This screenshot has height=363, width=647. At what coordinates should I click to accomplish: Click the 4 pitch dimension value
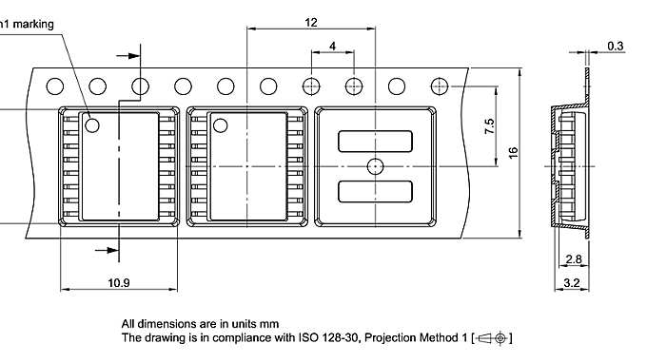[332, 46]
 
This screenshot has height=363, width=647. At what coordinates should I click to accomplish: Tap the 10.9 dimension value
[119, 282]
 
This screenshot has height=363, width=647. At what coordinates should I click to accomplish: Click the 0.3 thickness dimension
[616, 46]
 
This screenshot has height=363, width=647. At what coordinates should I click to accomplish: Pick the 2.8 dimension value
[573, 259]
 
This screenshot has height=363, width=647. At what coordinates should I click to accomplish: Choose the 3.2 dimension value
[573, 282]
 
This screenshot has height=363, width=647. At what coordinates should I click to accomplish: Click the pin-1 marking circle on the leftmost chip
[93, 124]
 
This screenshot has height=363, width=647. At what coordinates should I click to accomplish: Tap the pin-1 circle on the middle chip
[221, 124]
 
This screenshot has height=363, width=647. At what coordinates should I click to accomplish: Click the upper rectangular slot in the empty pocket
[376, 142]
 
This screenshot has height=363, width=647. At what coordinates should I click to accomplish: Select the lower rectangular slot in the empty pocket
[376, 190]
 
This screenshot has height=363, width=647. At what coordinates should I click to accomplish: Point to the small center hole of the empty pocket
[375, 165]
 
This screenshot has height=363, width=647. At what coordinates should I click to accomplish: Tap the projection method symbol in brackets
[492, 337]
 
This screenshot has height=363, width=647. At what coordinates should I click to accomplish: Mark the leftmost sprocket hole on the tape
[55, 86]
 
